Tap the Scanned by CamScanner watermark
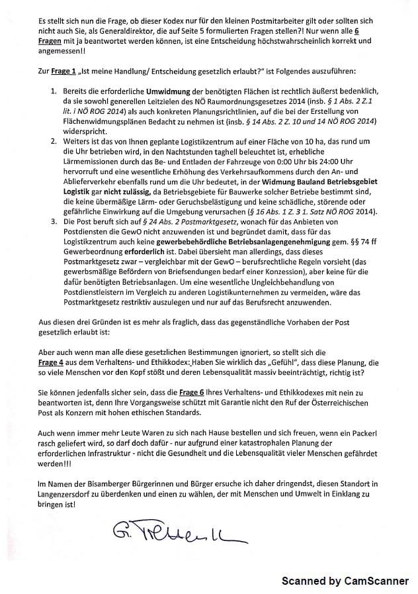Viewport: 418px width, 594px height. click(345, 581)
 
